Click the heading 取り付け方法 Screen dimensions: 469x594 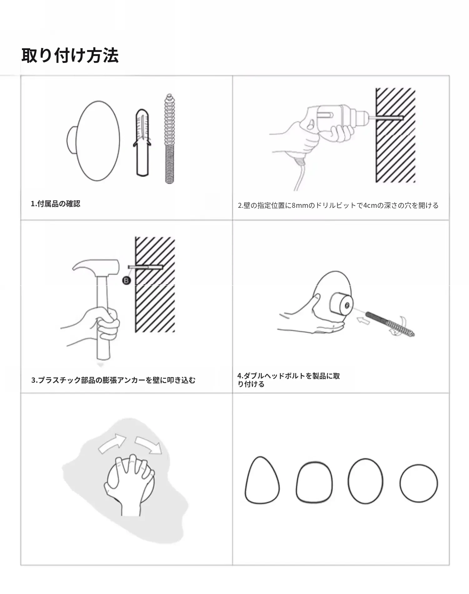70,56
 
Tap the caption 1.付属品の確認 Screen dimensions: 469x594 55,204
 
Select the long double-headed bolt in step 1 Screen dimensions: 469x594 169,138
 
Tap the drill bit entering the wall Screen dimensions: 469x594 386,118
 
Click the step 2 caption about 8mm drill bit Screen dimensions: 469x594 338,206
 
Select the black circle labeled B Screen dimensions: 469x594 126,280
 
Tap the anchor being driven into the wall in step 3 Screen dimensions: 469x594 146,267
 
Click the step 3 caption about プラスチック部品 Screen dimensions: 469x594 113,380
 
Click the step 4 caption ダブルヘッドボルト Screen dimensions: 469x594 289,380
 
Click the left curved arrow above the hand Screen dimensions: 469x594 112,443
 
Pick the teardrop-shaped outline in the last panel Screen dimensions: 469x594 262,480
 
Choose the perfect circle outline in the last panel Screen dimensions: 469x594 419,483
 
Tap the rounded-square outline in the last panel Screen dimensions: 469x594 314,482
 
